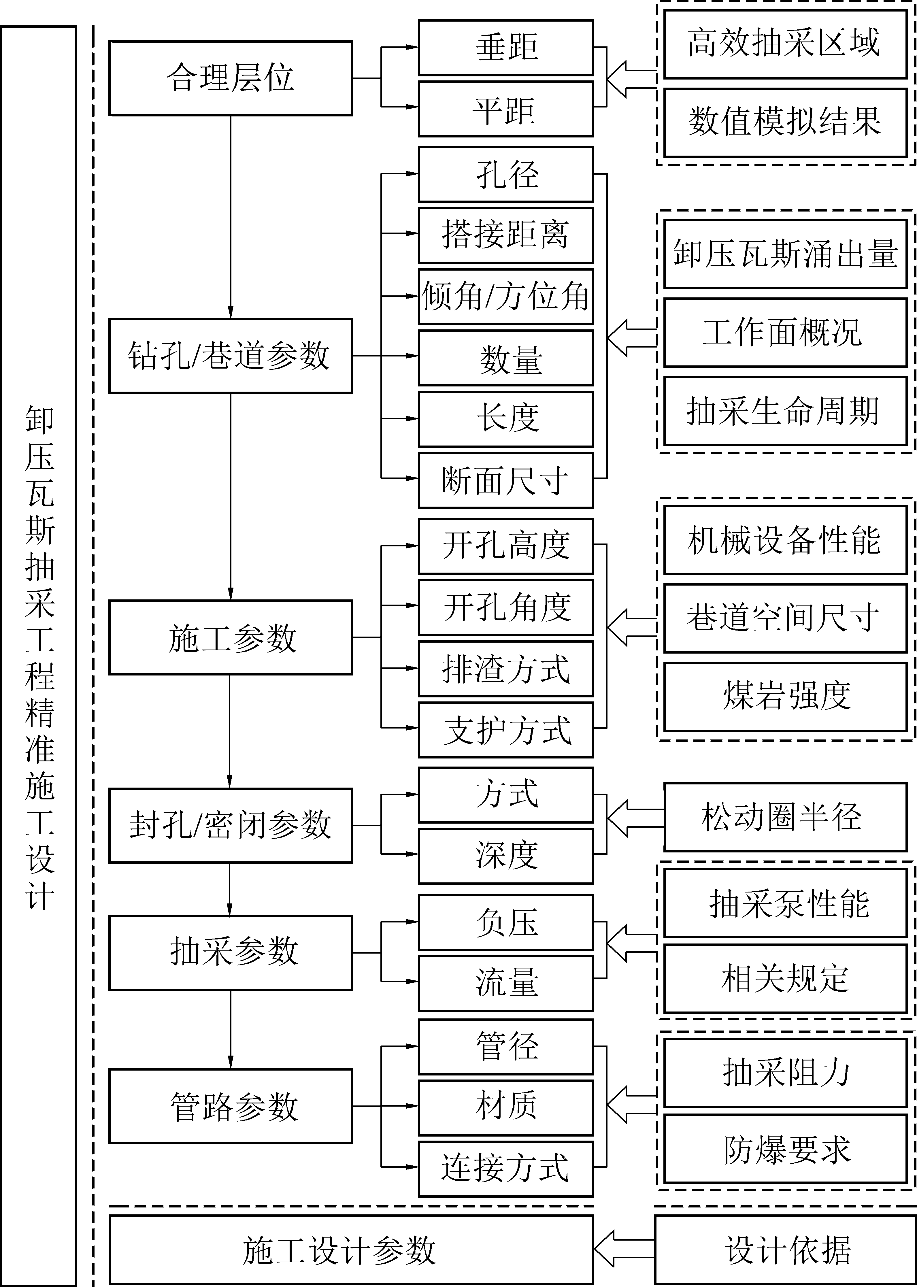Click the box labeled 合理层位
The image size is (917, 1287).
click(x=230, y=78)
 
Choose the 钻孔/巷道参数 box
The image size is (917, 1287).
click(x=230, y=356)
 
